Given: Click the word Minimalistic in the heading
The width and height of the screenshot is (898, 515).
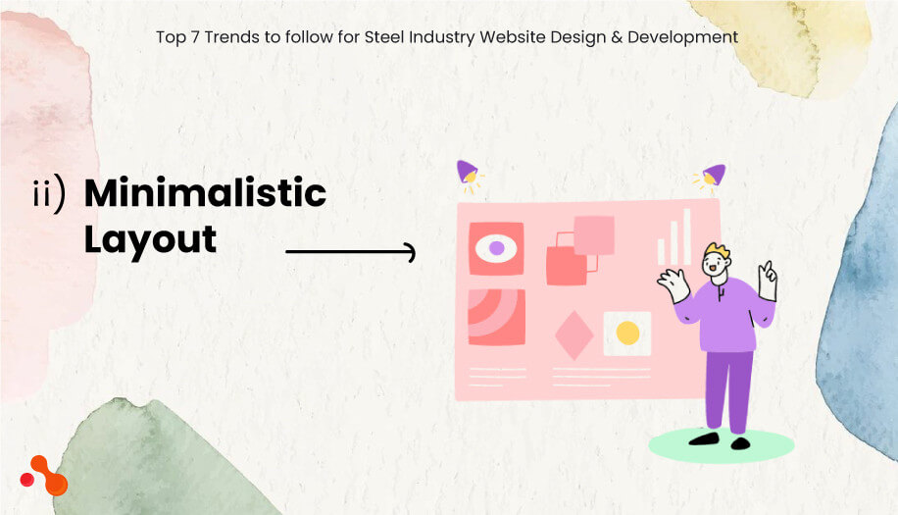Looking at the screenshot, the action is [205, 192].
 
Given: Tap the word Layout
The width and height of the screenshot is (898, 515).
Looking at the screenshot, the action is [150, 239].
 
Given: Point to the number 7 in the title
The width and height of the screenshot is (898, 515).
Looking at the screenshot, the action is [195, 37].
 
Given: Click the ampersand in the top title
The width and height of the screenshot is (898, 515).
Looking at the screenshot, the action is [617, 37].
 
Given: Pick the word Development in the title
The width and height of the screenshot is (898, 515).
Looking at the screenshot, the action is [682, 37].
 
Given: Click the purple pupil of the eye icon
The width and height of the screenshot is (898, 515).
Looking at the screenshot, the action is [496, 248].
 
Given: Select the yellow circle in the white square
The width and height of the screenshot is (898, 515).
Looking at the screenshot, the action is [627, 333].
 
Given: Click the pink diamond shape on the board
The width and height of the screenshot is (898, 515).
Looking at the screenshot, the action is [574, 335].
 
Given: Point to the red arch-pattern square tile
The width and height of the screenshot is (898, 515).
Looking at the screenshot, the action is [496, 318].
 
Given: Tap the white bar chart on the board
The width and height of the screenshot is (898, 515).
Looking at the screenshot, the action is [674, 236].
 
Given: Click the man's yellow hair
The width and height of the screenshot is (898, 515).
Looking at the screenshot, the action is [717, 251].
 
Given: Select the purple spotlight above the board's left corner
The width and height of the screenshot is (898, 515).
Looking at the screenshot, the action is [469, 175].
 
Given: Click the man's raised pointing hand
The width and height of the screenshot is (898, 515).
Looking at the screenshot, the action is [768, 281].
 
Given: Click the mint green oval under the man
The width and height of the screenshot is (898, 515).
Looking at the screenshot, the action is [721, 445].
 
